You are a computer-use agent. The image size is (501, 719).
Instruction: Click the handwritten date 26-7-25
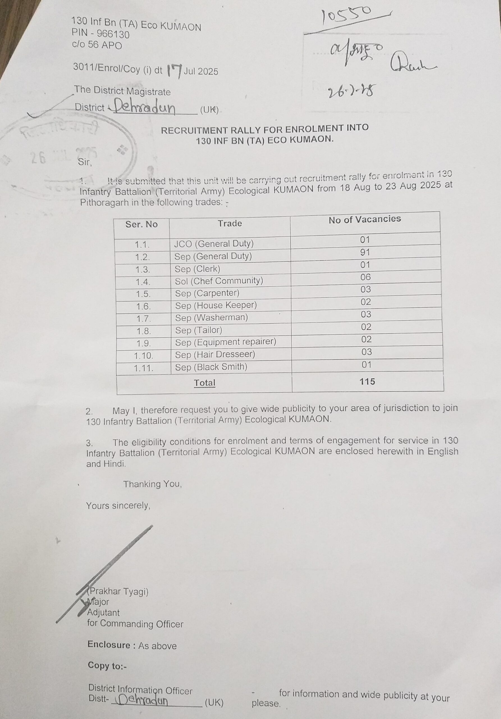351,92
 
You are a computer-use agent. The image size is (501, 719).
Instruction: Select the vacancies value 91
365,252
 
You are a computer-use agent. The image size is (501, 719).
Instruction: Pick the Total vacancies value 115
367,381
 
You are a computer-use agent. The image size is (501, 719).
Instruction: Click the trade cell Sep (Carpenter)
207,293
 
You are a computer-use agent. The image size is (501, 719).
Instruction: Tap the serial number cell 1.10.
143,356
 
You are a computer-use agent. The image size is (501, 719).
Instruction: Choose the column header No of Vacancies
365,219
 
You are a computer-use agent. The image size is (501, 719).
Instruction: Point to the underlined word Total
204,383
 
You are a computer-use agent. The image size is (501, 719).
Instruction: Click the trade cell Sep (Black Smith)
211,367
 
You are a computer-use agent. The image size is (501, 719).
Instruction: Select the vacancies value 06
365,277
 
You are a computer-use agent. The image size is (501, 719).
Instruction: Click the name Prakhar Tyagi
119,591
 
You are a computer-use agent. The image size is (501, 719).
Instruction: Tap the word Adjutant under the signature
103,613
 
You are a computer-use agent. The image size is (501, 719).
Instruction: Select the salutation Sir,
85,162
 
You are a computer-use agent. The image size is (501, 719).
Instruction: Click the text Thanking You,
152,484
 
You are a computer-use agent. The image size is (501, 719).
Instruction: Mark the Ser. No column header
141,224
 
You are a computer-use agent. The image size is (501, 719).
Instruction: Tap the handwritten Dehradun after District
144,108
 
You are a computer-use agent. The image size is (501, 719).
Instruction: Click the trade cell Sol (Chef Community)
219,281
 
